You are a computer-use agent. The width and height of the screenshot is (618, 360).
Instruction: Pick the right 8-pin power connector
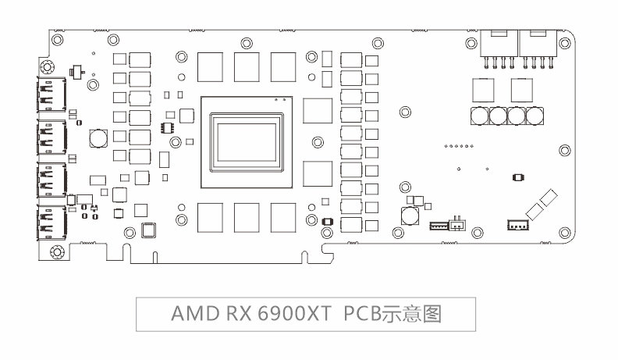coord(538,47)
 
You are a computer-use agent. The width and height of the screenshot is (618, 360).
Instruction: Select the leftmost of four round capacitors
coord(481,116)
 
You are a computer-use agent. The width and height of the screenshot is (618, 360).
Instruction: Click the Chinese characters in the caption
coord(416,314)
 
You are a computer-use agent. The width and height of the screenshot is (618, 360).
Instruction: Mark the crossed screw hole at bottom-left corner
coord(56,252)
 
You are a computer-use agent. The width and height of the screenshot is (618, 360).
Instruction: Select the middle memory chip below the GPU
coord(247,216)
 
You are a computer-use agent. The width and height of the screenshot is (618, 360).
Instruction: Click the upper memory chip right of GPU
coord(317,110)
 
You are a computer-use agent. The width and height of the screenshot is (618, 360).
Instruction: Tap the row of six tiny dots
coord(458,145)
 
